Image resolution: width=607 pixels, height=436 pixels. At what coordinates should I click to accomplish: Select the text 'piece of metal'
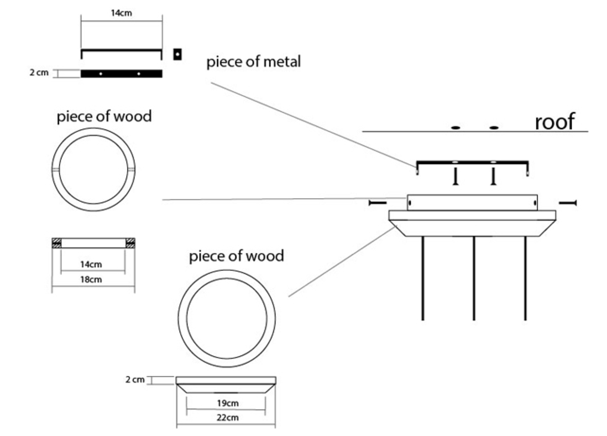(254, 61)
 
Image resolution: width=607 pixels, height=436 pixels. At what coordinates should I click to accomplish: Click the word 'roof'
(554, 121)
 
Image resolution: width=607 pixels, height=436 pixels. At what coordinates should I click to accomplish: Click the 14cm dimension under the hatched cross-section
(92, 264)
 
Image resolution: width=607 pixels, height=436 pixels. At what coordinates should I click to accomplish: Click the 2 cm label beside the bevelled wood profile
(135, 380)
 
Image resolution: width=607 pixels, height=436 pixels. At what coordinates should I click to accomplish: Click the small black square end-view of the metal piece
(177, 54)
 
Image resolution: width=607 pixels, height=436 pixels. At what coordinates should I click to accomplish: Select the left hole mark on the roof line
(455, 128)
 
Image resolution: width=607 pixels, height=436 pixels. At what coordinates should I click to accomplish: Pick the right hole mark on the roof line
(494, 128)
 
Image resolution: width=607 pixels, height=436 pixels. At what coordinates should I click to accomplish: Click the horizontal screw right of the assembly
(568, 203)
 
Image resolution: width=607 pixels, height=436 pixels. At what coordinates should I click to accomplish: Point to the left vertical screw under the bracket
(455, 177)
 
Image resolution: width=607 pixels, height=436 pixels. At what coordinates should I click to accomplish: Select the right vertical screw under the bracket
(494, 177)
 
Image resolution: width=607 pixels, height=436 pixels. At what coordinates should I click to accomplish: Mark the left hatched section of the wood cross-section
(56, 242)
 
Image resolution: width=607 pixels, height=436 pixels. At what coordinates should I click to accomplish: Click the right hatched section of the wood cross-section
(130, 242)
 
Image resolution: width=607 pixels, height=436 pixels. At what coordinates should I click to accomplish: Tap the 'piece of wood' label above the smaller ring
(104, 117)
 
